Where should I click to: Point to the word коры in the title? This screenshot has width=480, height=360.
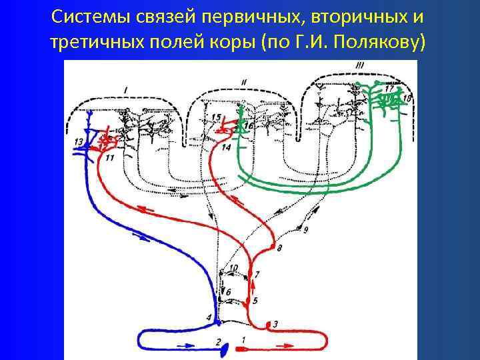233,43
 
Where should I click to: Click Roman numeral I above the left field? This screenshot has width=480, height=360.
126,88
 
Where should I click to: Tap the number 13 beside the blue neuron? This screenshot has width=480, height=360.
79,141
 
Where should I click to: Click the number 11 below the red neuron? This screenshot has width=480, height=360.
110,157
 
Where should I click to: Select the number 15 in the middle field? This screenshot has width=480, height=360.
215,118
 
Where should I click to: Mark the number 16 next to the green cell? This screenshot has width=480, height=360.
249,125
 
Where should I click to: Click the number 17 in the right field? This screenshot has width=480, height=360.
389,88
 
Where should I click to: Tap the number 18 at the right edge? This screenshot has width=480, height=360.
408,99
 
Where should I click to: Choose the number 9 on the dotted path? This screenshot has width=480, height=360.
305,230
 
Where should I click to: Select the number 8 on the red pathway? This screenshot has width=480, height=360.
279,248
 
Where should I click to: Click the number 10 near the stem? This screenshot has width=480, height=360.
233,268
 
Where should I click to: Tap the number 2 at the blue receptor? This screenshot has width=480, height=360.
217,341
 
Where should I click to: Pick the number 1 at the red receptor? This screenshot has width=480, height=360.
243,340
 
